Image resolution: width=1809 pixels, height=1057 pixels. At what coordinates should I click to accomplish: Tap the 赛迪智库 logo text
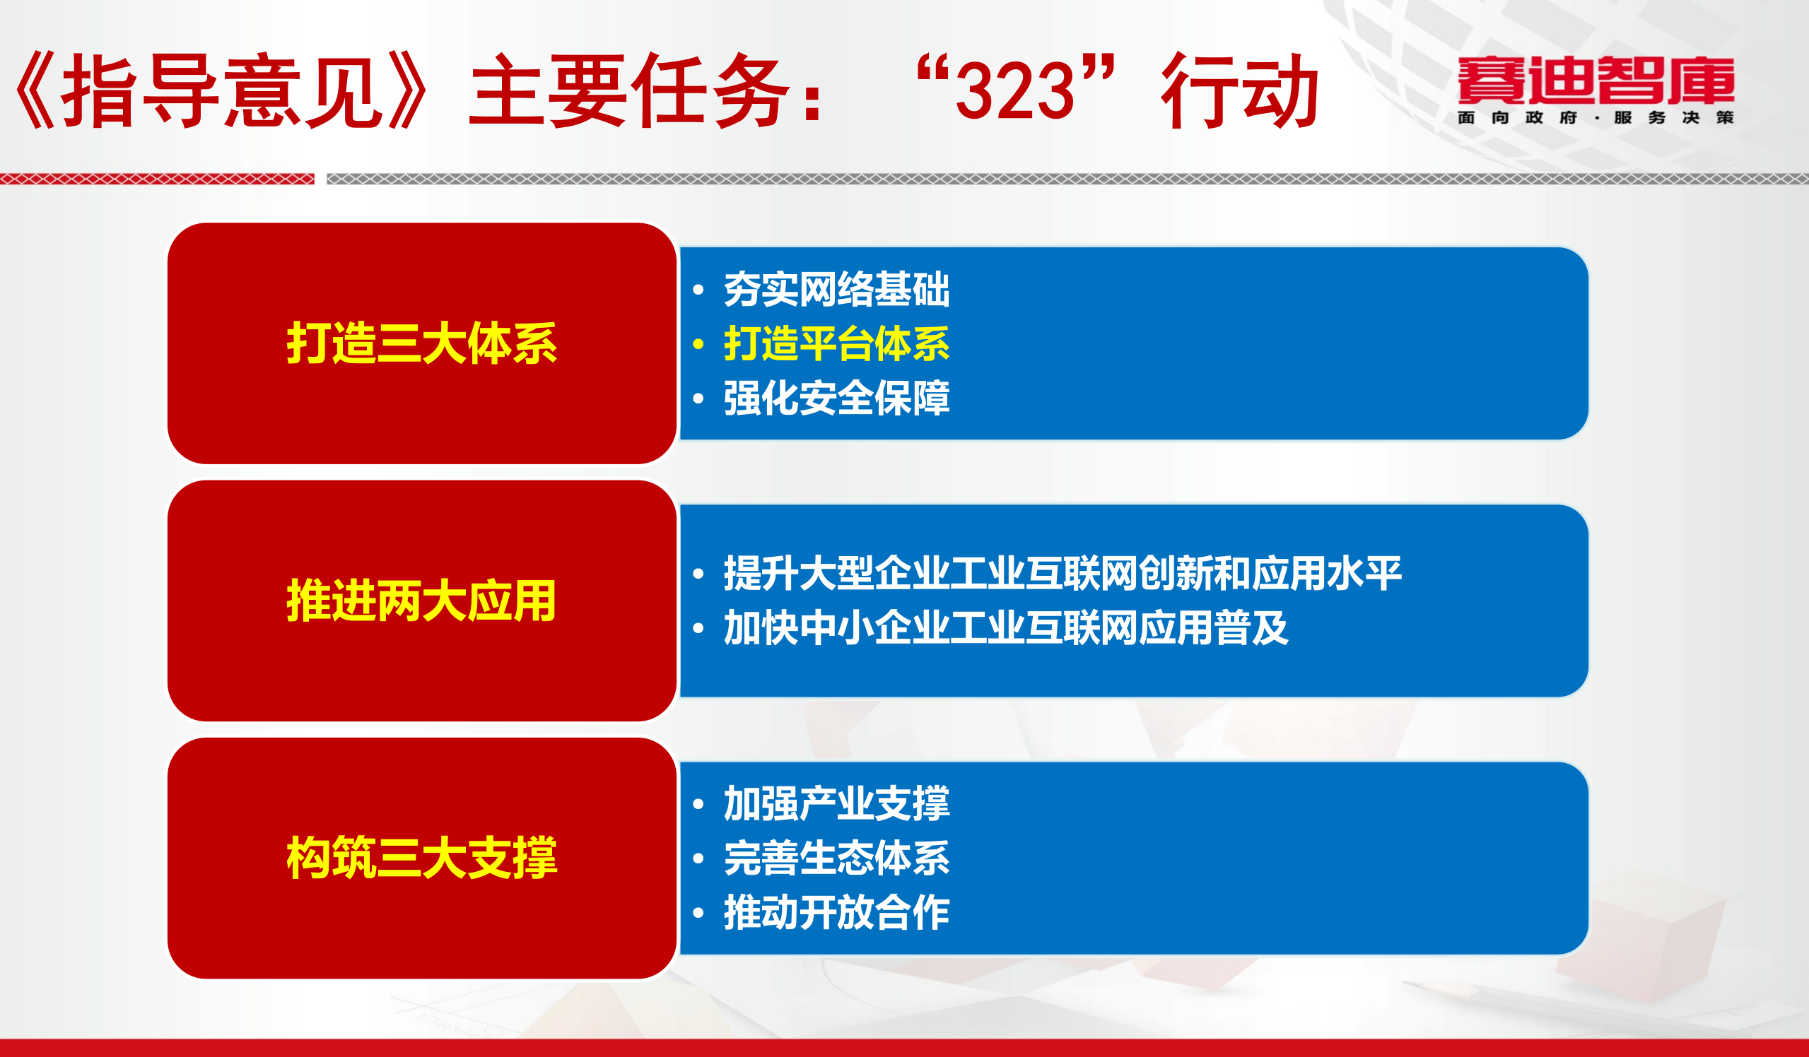click(1596, 80)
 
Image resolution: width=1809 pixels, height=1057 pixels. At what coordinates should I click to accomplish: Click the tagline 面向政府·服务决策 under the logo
click(1596, 118)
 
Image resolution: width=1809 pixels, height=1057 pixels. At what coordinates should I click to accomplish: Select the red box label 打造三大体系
click(421, 343)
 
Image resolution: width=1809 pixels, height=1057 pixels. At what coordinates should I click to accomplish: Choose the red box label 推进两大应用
click(421, 601)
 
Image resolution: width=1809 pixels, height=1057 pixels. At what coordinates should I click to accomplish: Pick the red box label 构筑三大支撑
click(421, 858)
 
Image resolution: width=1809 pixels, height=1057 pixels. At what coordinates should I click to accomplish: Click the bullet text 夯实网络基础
click(836, 289)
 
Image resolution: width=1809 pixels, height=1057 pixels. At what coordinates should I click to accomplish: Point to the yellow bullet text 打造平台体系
click(836, 343)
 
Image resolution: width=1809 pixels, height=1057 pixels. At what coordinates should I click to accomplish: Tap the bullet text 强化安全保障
click(836, 398)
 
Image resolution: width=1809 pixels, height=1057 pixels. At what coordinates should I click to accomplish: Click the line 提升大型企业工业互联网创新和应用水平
click(1062, 573)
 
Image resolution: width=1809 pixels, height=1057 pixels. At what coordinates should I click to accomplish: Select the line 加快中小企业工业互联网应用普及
click(1006, 628)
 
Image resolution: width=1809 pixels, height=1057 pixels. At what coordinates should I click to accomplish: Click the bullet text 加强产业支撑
click(836, 803)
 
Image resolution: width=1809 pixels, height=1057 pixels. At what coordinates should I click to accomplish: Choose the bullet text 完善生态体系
click(836, 858)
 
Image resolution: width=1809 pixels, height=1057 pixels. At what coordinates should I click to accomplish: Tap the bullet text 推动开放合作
click(836, 913)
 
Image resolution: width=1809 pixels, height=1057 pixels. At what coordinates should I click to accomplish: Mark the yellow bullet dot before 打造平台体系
click(698, 344)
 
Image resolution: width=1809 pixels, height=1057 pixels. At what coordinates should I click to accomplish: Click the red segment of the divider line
click(156, 179)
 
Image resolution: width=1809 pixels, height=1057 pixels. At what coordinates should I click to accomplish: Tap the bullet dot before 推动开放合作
click(698, 914)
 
